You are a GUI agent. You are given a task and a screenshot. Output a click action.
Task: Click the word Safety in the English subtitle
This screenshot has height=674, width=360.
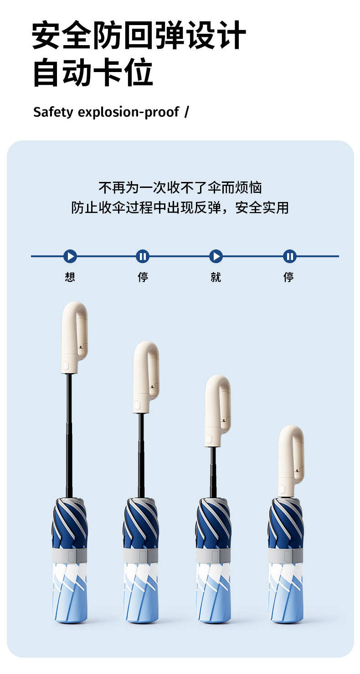[53, 112]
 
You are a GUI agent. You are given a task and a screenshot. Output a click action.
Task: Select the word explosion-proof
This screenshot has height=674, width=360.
[129, 112]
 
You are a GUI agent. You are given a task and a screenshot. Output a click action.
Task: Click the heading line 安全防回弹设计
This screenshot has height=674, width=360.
[139, 36]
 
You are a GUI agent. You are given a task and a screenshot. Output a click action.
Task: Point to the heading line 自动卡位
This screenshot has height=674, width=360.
[93, 73]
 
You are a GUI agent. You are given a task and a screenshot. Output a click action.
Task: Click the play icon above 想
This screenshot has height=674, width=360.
[70, 256]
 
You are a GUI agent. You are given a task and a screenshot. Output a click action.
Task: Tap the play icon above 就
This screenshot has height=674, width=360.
[216, 256]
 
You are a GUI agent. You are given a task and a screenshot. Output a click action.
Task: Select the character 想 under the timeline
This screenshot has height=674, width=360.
[70, 277]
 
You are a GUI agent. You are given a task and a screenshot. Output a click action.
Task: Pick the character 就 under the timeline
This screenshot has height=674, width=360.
[216, 277]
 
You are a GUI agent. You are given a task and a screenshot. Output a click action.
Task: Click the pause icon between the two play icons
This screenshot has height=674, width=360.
[143, 256]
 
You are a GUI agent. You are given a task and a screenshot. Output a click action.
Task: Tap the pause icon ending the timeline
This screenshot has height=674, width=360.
[289, 256]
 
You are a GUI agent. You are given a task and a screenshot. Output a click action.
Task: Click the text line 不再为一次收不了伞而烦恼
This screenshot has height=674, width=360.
[180, 187]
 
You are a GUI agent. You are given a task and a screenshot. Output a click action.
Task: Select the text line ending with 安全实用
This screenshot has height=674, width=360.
[180, 208]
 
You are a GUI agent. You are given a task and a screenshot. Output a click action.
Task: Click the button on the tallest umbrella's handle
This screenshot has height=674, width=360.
[65, 365]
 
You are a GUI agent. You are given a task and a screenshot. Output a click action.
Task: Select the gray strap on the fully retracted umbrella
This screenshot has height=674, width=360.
[286, 555]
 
